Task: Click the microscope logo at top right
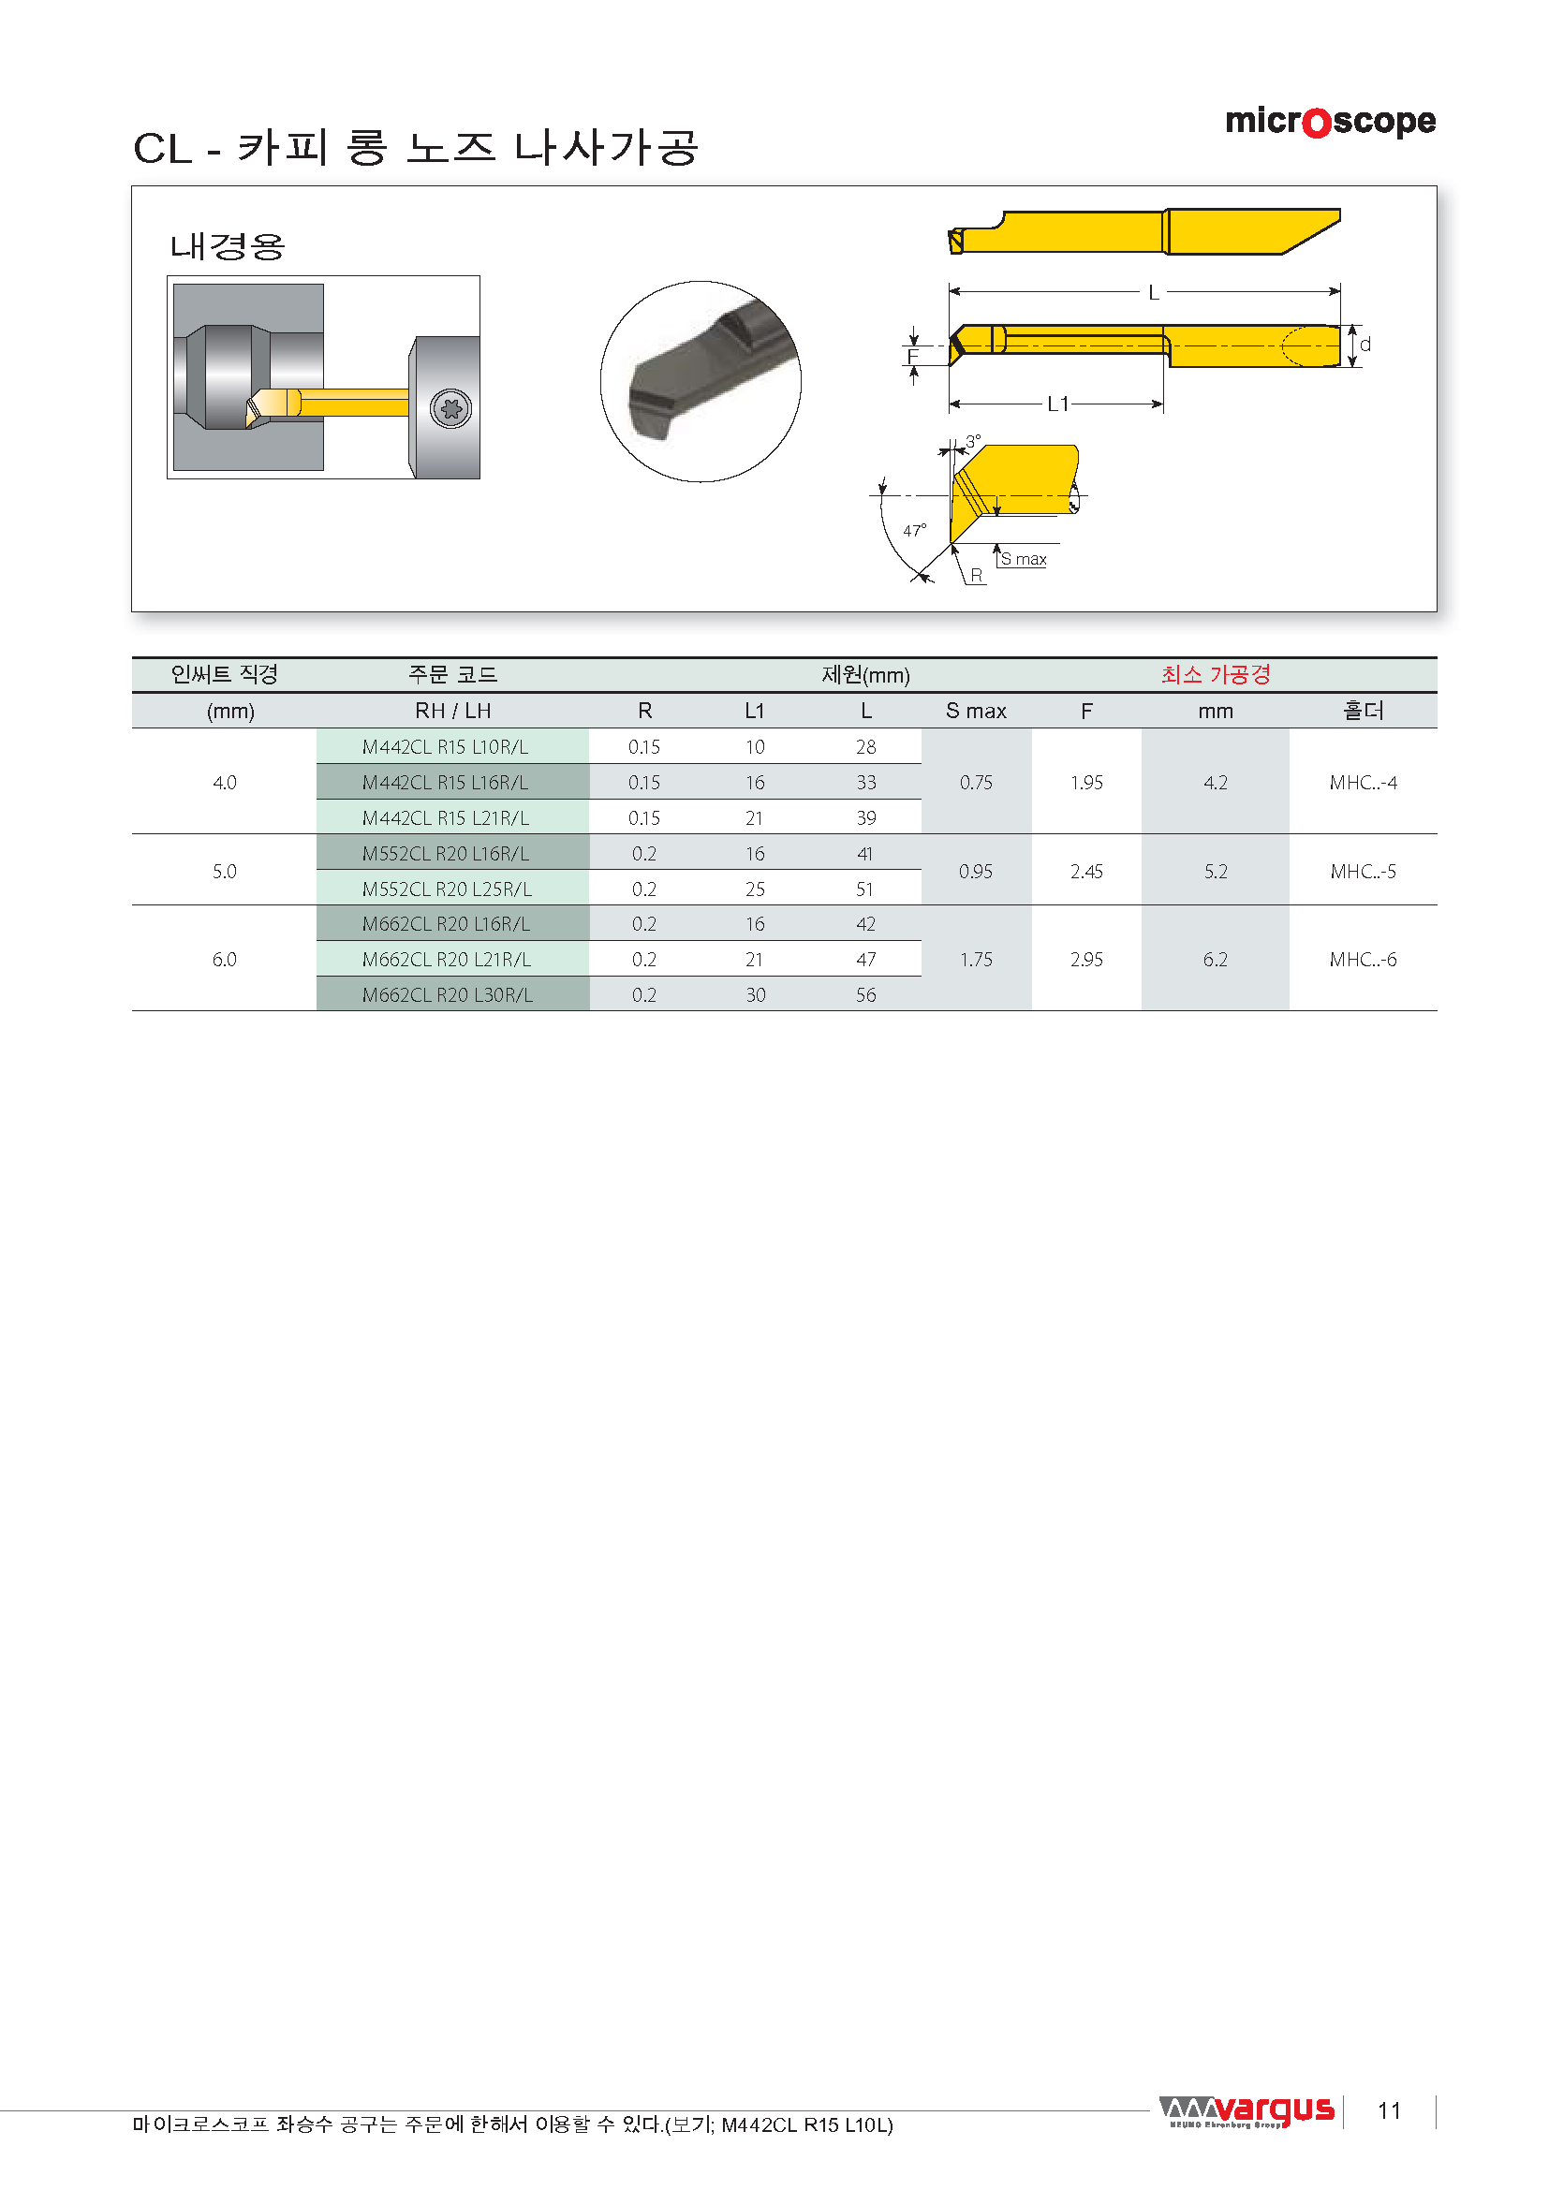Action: click(x=1330, y=122)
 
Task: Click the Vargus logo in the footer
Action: click(x=1246, y=2111)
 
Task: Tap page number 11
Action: click(x=1389, y=2110)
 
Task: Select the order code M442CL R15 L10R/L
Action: click(x=446, y=747)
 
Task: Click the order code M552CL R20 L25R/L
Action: click(x=447, y=889)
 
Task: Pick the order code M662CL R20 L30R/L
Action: click(x=448, y=995)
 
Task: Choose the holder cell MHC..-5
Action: click(x=1363, y=871)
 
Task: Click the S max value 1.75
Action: click(x=976, y=960)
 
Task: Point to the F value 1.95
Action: click(x=1086, y=782)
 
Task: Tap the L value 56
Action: click(x=865, y=995)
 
